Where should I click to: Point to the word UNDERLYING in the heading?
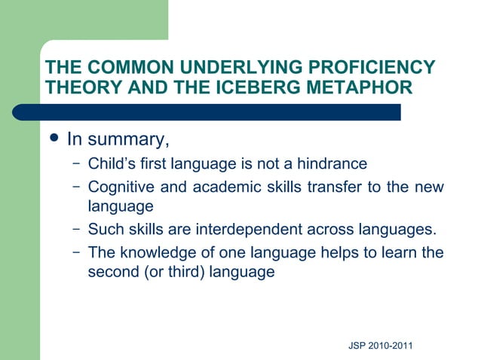pyautogui.click(x=249, y=67)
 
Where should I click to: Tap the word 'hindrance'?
pyautogui.click(x=331, y=164)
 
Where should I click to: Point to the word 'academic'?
pyautogui.click(x=222, y=187)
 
